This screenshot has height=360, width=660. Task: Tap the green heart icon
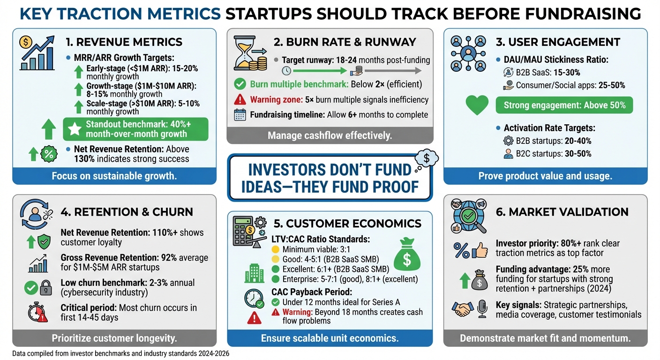(477, 105)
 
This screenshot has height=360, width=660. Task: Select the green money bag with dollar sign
(406, 255)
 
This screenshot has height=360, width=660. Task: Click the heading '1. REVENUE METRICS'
(124, 42)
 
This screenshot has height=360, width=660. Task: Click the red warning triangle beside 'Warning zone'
(240, 99)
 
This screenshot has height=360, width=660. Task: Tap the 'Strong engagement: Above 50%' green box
(564, 105)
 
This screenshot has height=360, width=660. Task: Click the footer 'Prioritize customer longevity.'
(114, 338)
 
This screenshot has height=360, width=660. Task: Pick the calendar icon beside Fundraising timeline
(240, 115)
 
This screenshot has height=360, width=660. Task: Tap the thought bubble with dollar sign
(426, 158)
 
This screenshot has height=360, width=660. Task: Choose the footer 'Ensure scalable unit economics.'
(330, 338)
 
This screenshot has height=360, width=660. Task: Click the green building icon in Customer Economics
(254, 274)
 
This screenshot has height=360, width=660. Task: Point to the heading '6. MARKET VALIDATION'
(562, 212)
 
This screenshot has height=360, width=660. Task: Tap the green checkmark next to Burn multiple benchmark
(240, 84)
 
